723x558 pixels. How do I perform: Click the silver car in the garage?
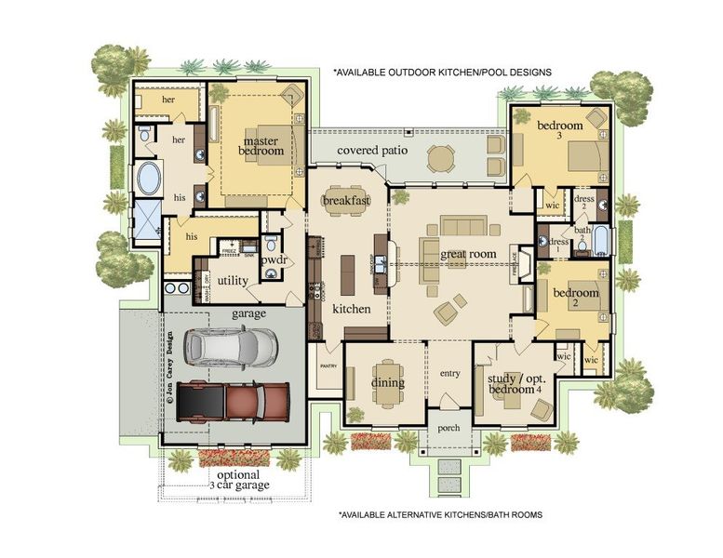click(x=231, y=347)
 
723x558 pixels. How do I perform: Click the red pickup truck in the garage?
click(x=233, y=401)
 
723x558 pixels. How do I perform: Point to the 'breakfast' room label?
click(x=346, y=200)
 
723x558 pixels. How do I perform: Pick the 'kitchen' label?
click(x=352, y=308)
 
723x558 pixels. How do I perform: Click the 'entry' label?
click(x=449, y=373)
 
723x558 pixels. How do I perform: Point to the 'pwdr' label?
click(x=274, y=261)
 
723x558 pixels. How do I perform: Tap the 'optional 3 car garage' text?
click(x=238, y=478)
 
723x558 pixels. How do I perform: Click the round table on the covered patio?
click(x=441, y=157)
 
